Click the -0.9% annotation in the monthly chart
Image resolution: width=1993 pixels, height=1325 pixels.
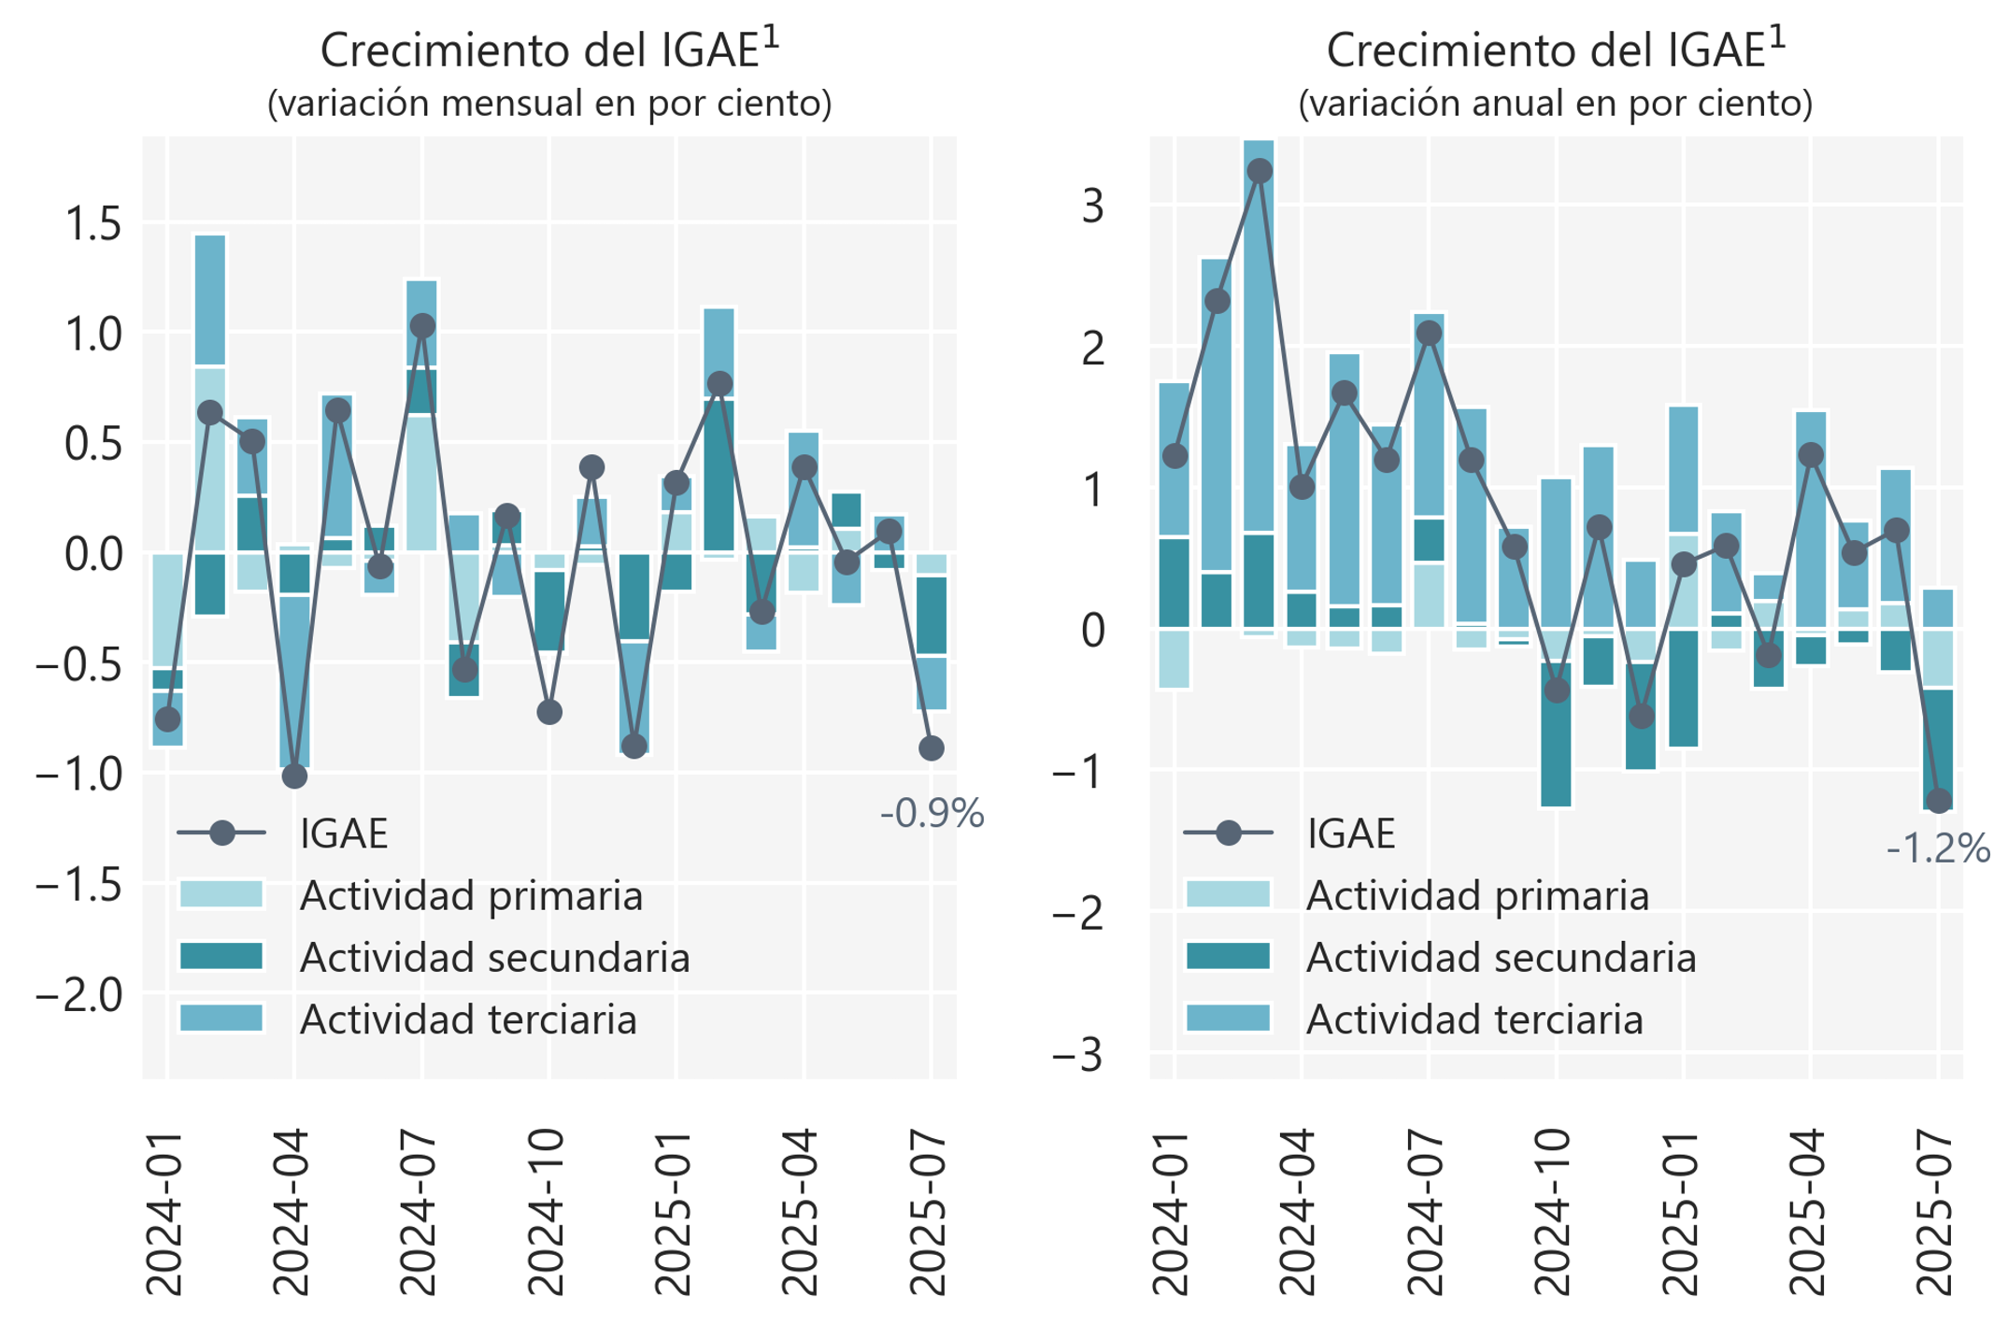tap(932, 813)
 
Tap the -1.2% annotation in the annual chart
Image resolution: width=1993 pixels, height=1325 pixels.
tap(1938, 848)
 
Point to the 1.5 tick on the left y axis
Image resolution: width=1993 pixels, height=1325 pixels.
tap(93, 224)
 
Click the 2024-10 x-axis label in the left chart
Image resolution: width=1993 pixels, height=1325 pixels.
tap(548, 1212)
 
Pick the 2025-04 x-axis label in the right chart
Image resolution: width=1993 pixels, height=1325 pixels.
tap(1809, 1212)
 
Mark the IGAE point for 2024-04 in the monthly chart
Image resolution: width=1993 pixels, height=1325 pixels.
tap(294, 776)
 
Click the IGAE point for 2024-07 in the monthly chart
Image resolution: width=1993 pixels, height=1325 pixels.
tap(422, 326)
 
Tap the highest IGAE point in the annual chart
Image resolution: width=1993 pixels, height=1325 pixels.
tap(1260, 171)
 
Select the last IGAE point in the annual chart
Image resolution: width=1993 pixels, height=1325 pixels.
tap(1938, 801)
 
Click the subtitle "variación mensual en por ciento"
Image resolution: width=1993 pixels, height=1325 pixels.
tap(549, 104)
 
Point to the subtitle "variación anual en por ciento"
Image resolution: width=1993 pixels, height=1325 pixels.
tap(1556, 104)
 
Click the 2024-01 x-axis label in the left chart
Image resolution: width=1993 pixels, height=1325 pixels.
tap(165, 1212)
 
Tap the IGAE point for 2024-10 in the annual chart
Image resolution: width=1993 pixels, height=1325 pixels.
tap(1557, 691)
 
